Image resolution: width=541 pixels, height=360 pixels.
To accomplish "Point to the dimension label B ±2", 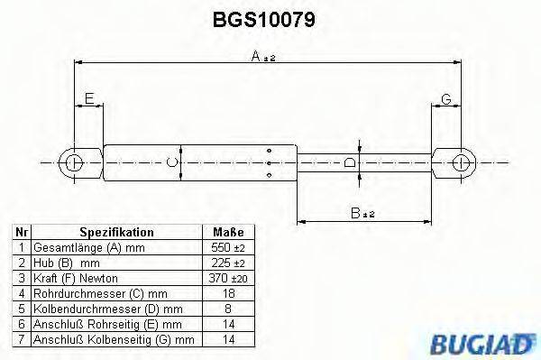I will (362, 213).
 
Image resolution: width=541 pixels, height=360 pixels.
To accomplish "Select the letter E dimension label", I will (88, 98).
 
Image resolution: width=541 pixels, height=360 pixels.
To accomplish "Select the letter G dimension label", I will (445, 98).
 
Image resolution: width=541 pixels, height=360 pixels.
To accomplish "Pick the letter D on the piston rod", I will (351, 162).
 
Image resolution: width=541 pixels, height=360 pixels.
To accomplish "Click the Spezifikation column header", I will (116, 232).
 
